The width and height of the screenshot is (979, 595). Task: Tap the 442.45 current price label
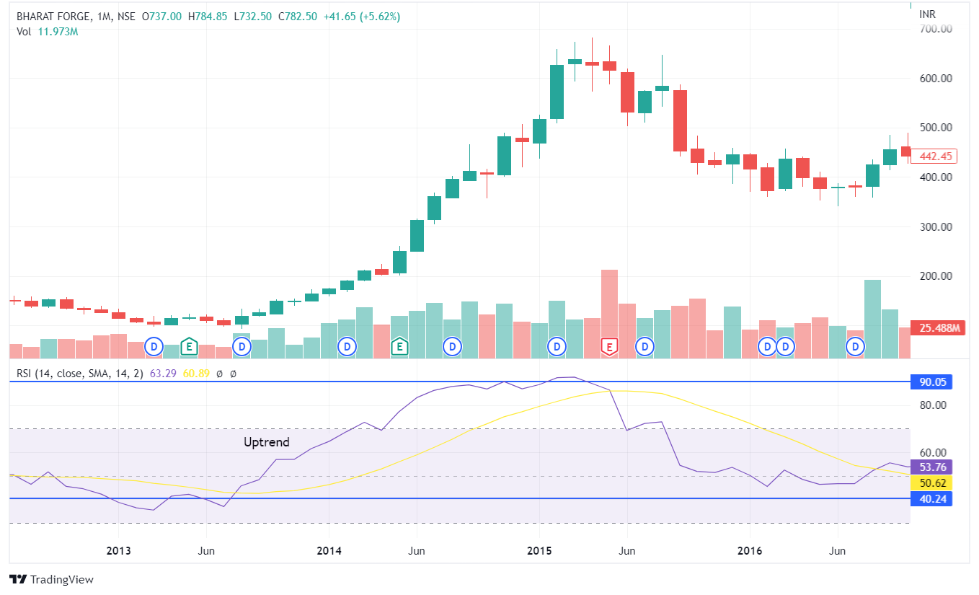[936, 157]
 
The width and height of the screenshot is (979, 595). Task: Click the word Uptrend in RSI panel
[266, 442]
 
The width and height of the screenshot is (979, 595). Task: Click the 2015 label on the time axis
[539, 552]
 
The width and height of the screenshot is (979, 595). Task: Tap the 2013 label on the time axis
[118, 552]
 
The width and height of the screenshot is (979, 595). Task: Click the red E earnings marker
[609, 348]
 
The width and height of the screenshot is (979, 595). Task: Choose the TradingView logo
[51, 580]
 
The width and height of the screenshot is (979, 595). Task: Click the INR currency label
[928, 14]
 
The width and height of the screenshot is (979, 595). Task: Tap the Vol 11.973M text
[47, 31]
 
